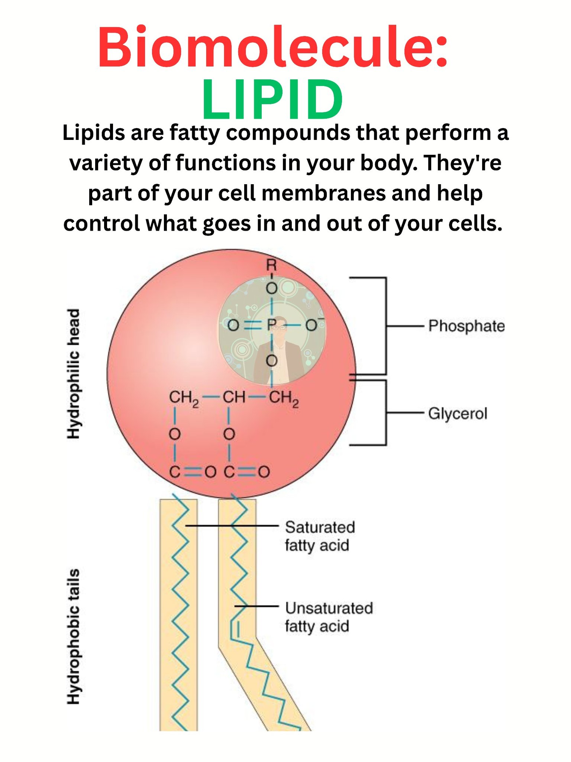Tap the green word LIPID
pyautogui.click(x=272, y=99)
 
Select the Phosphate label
pyautogui.click(x=467, y=326)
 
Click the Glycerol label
pyautogui.click(x=458, y=413)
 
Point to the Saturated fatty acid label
pyautogui.click(x=320, y=537)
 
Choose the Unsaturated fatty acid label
pyautogui.click(x=329, y=618)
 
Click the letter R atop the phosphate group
pyautogui.click(x=272, y=265)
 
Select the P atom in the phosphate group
pyautogui.click(x=271, y=325)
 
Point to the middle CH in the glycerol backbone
pyautogui.click(x=234, y=398)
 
